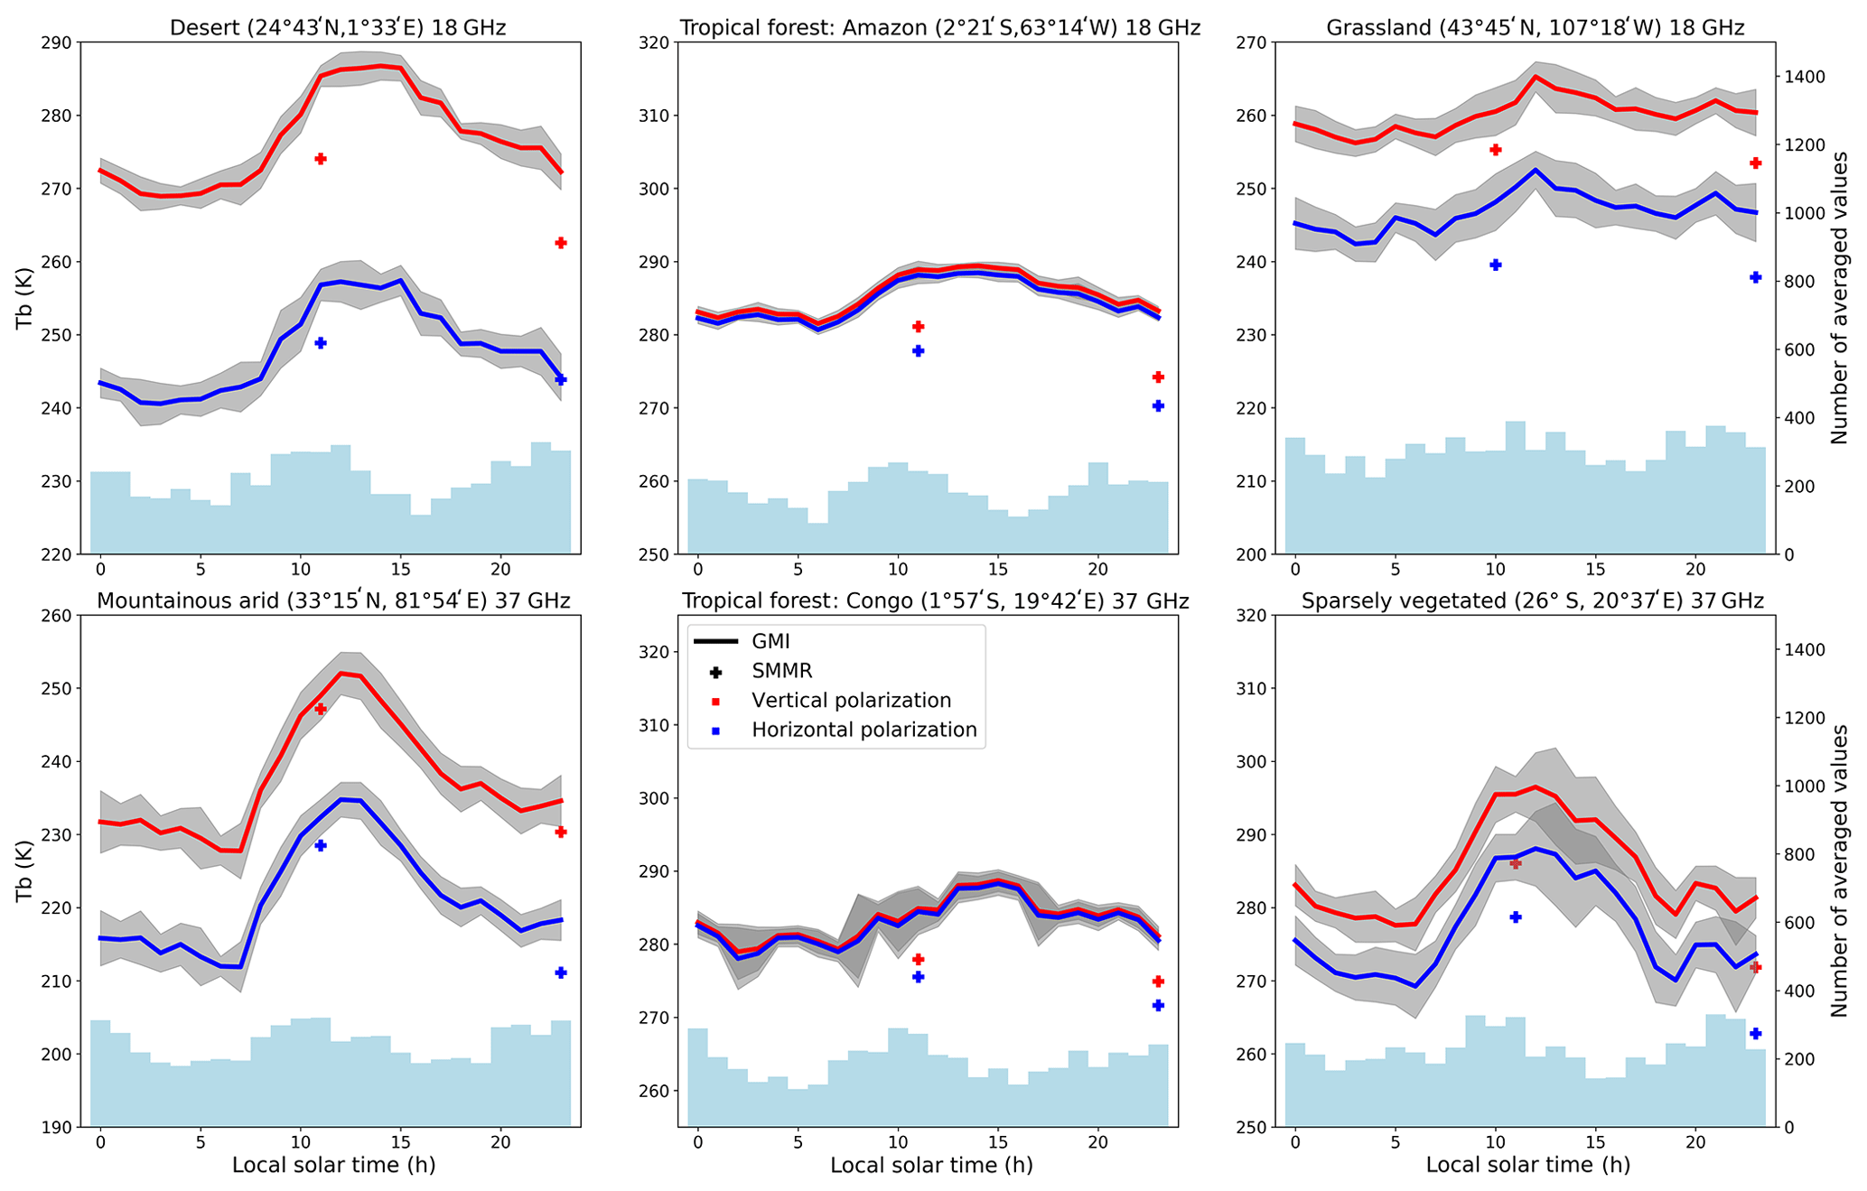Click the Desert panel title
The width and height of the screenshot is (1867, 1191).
coord(338,28)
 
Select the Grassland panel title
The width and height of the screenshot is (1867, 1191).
coord(1535,28)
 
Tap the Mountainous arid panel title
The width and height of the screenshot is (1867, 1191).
coord(333,600)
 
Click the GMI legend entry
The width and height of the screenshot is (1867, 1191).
coord(770,641)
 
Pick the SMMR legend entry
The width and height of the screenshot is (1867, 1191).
coord(782,671)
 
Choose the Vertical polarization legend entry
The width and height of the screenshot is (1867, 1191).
coord(851,701)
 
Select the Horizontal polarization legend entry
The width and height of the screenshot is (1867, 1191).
coord(863,730)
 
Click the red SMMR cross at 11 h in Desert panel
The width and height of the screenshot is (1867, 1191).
coord(320,159)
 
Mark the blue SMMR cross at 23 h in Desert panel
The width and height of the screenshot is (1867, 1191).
coord(560,379)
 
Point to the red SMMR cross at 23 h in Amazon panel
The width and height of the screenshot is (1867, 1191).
coord(1158,377)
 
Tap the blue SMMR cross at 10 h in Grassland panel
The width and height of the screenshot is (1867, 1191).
coord(1495,265)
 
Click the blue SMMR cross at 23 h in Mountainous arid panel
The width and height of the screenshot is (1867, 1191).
coord(560,972)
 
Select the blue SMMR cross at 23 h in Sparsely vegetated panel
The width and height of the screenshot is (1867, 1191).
coord(1755,1033)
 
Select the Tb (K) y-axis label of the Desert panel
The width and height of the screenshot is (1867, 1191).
coord(24,298)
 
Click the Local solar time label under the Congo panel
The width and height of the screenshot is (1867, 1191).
coord(931,1165)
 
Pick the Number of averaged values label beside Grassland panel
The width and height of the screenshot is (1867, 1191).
coord(1839,298)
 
